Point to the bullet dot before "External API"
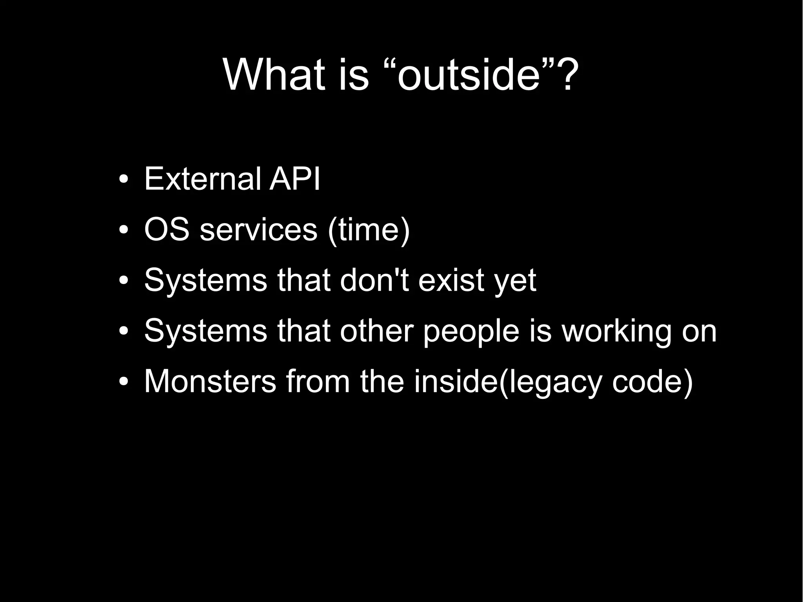coord(123,180)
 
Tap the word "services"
coord(258,231)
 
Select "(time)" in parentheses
coord(369,231)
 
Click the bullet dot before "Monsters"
coord(123,382)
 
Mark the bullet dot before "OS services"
coord(123,230)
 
